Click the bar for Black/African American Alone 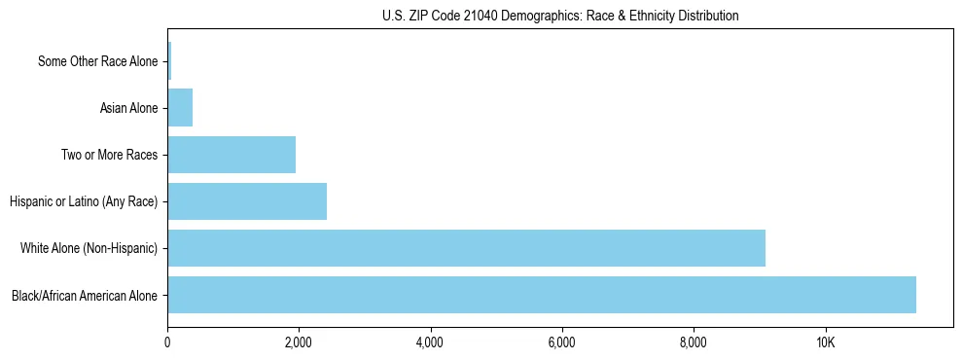coord(541,295)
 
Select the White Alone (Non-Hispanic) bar coord(466,248)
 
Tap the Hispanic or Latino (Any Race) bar coord(247,201)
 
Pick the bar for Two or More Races coord(232,155)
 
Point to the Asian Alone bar coord(180,108)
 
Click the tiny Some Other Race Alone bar coord(169,61)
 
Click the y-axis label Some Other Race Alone coord(97,61)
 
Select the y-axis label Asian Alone coord(128,108)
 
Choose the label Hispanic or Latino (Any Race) coord(83,201)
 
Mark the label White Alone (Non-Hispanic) coord(89,248)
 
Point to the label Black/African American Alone coord(84,295)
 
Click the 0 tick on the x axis coord(167,342)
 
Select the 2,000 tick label coord(299,342)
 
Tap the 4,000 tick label coord(430,342)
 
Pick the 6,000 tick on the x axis coord(562,342)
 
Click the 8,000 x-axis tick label coord(694,342)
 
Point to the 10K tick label coord(825,342)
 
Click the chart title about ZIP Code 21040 coord(560,16)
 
